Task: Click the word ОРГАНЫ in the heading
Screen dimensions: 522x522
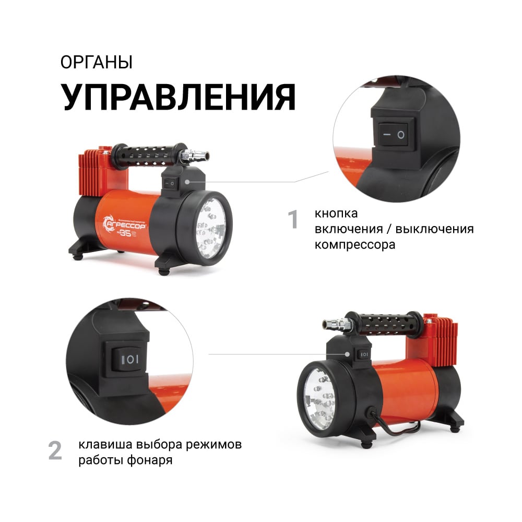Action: [x=97, y=62]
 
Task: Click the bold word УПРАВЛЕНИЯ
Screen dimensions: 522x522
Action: [x=178, y=97]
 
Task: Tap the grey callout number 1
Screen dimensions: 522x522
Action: [x=293, y=219]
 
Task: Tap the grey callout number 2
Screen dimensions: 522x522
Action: [x=55, y=451]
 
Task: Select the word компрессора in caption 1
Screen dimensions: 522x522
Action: [x=355, y=245]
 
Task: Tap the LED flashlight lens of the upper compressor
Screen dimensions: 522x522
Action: [x=210, y=228]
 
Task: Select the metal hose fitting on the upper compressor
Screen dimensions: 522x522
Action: [x=194, y=155]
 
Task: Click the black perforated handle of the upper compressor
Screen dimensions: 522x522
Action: [x=149, y=155]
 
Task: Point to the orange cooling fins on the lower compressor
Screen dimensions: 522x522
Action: [x=443, y=339]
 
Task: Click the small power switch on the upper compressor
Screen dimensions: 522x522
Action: [x=170, y=183]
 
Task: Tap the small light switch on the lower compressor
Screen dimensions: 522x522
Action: [x=363, y=354]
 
